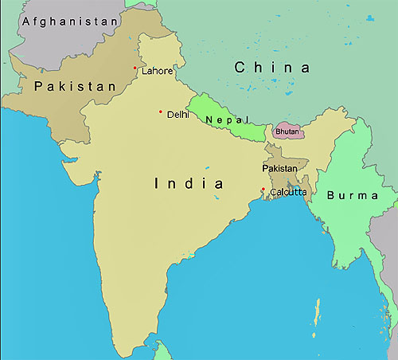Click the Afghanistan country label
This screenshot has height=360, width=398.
71,22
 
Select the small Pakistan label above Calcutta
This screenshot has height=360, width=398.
279,169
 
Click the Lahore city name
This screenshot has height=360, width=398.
157,71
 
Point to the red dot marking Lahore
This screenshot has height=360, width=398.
135,68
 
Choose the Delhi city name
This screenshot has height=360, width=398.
178,115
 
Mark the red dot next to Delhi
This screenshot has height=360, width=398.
161,112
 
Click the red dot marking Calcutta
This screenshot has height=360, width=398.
263,189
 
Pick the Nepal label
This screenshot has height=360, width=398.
220,120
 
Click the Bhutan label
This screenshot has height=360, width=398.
287,131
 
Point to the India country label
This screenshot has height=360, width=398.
189,184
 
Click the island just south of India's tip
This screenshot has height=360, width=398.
162,351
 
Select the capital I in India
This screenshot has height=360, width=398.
156,184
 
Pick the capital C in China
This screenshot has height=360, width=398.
240,68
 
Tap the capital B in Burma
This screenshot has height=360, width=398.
330,194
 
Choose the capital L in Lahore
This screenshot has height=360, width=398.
144,71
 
